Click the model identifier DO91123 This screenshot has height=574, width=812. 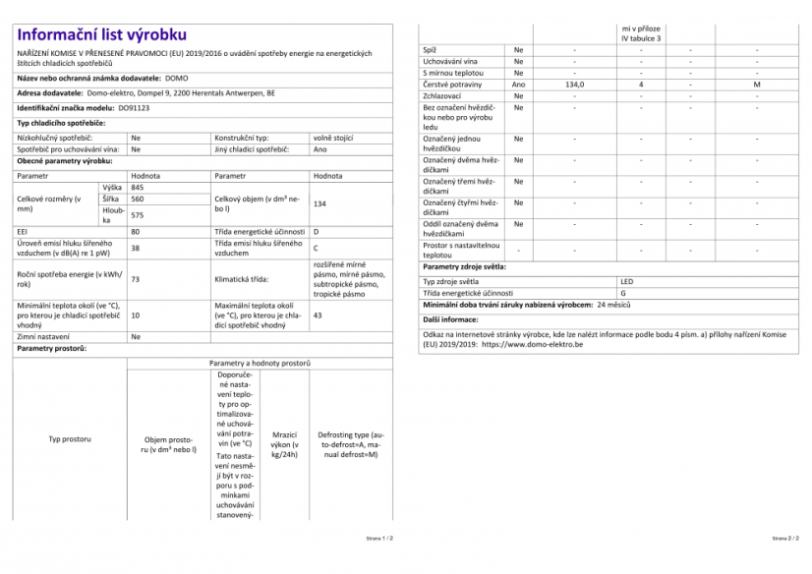[134, 107]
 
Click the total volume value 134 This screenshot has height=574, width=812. [319, 203]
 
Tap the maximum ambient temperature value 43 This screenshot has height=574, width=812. [318, 316]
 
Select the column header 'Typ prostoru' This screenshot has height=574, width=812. [70, 439]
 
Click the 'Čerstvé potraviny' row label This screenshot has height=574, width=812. [451, 86]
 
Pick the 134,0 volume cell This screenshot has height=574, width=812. [575, 86]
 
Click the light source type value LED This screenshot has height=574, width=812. [627, 281]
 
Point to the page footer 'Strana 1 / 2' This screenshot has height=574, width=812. [379, 539]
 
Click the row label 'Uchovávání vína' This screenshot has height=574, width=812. [450, 61]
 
